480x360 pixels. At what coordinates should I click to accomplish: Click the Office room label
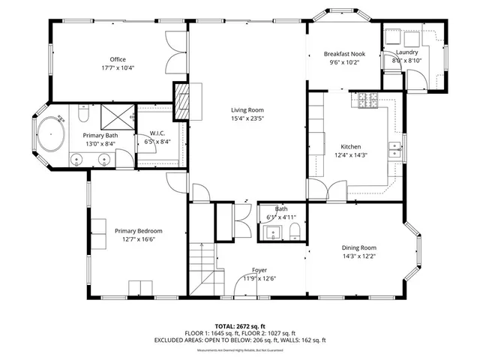pyautogui.click(x=118, y=59)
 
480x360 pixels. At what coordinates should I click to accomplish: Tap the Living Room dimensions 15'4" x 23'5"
pyautogui.click(x=247, y=118)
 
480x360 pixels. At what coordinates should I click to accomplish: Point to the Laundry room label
pyautogui.click(x=406, y=52)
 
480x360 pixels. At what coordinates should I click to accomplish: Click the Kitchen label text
pyautogui.click(x=351, y=146)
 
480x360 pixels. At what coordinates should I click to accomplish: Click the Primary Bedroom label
pyautogui.click(x=138, y=231)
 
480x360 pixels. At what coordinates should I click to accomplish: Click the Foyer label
pyautogui.click(x=259, y=270)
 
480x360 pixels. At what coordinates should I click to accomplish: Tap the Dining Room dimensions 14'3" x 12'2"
pyautogui.click(x=358, y=256)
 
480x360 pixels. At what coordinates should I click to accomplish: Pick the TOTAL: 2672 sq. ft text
pyautogui.click(x=240, y=326)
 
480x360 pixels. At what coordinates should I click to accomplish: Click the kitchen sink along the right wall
pyautogui.click(x=393, y=150)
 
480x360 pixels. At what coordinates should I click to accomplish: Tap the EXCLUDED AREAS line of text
pyautogui.click(x=240, y=340)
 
